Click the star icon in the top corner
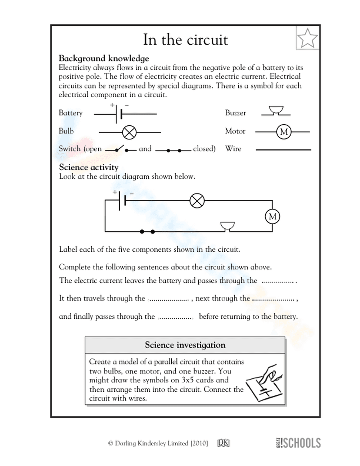point(307,38)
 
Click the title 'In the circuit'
point(185,40)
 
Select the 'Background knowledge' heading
point(104,58)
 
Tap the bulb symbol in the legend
point(129,133)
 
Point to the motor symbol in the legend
point(284,132)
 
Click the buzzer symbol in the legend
point(276,111)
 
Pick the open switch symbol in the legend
point(121,149)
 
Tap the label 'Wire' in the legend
point(233,149)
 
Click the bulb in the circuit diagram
point(197,200)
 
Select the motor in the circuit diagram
point(272,216)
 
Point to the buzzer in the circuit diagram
point(228,227)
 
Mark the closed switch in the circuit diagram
point(147,232)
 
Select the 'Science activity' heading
point(89,167)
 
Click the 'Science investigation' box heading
point(185,345)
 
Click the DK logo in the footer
point(223,443)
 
